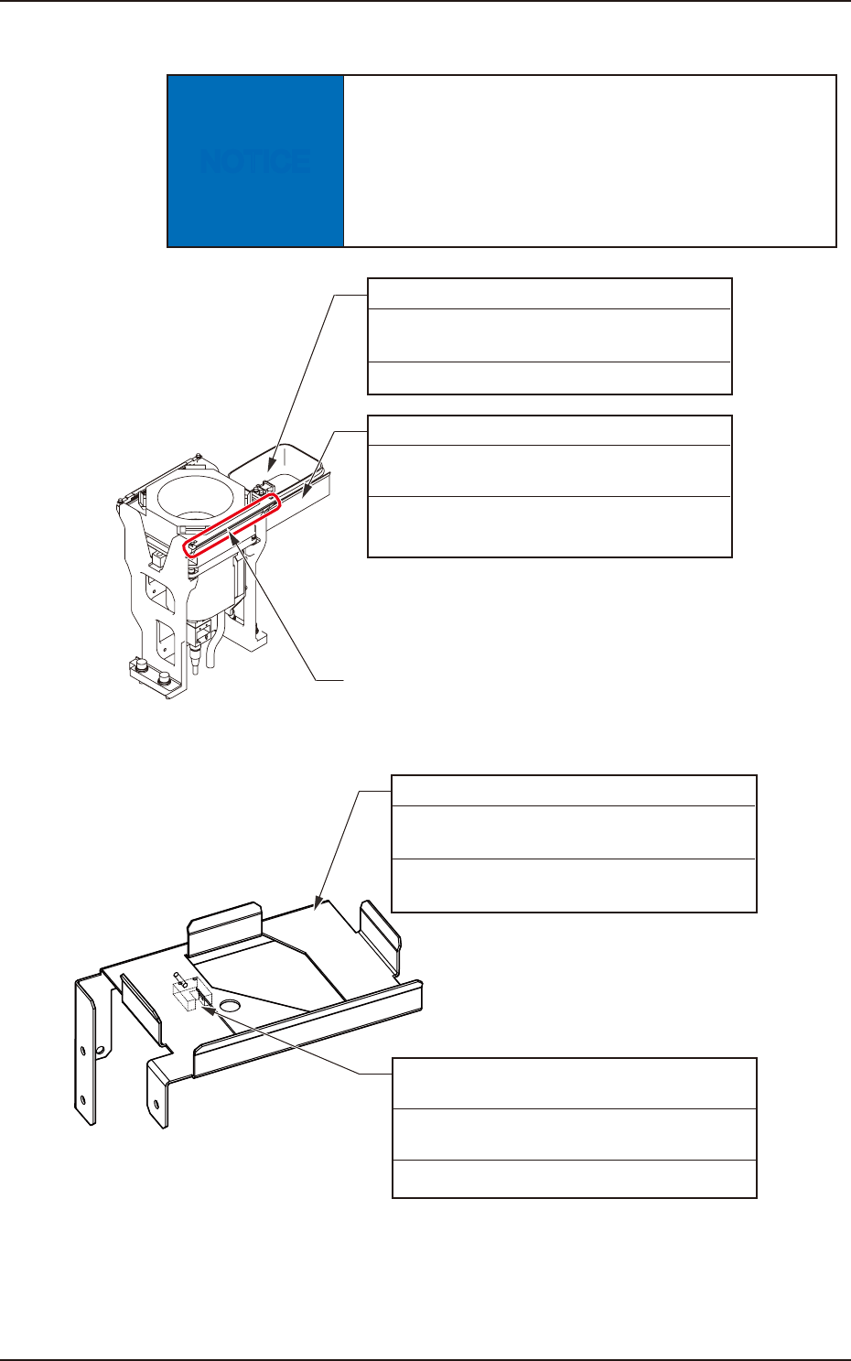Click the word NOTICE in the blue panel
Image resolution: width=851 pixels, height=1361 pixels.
click(x=255, y=162)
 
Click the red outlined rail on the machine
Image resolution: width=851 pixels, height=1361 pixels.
click(x=232, y=525)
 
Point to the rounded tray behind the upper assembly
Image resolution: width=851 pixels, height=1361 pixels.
click(x=276, y=467)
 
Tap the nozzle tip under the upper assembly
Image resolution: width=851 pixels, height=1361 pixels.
click(x=196, y=666)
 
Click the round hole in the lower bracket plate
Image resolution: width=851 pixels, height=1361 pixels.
click(x=230, y=1006)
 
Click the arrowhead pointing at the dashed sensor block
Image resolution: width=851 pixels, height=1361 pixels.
click(x=207, y=1010)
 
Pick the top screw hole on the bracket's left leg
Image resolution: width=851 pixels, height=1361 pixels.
click(x=82, y=1049)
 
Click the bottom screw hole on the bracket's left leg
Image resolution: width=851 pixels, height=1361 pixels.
click(x=82, y=1099)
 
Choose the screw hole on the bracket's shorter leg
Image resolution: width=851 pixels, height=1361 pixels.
click(x=156, y=1104)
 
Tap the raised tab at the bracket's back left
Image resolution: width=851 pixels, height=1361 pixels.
click(x=225, y=929)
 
